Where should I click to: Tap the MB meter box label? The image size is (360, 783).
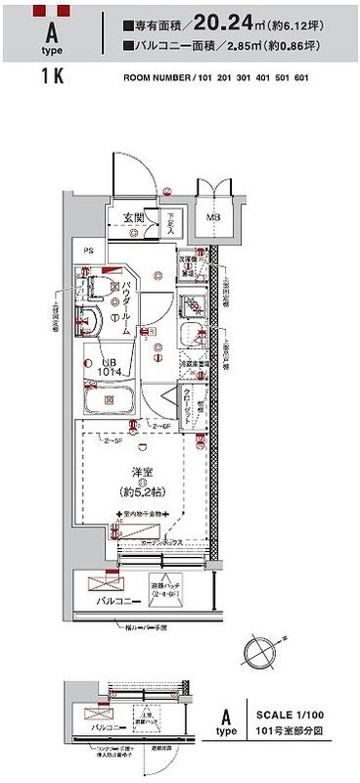212,217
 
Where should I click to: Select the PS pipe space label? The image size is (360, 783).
88,251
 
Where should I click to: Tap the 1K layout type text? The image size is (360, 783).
52,77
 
